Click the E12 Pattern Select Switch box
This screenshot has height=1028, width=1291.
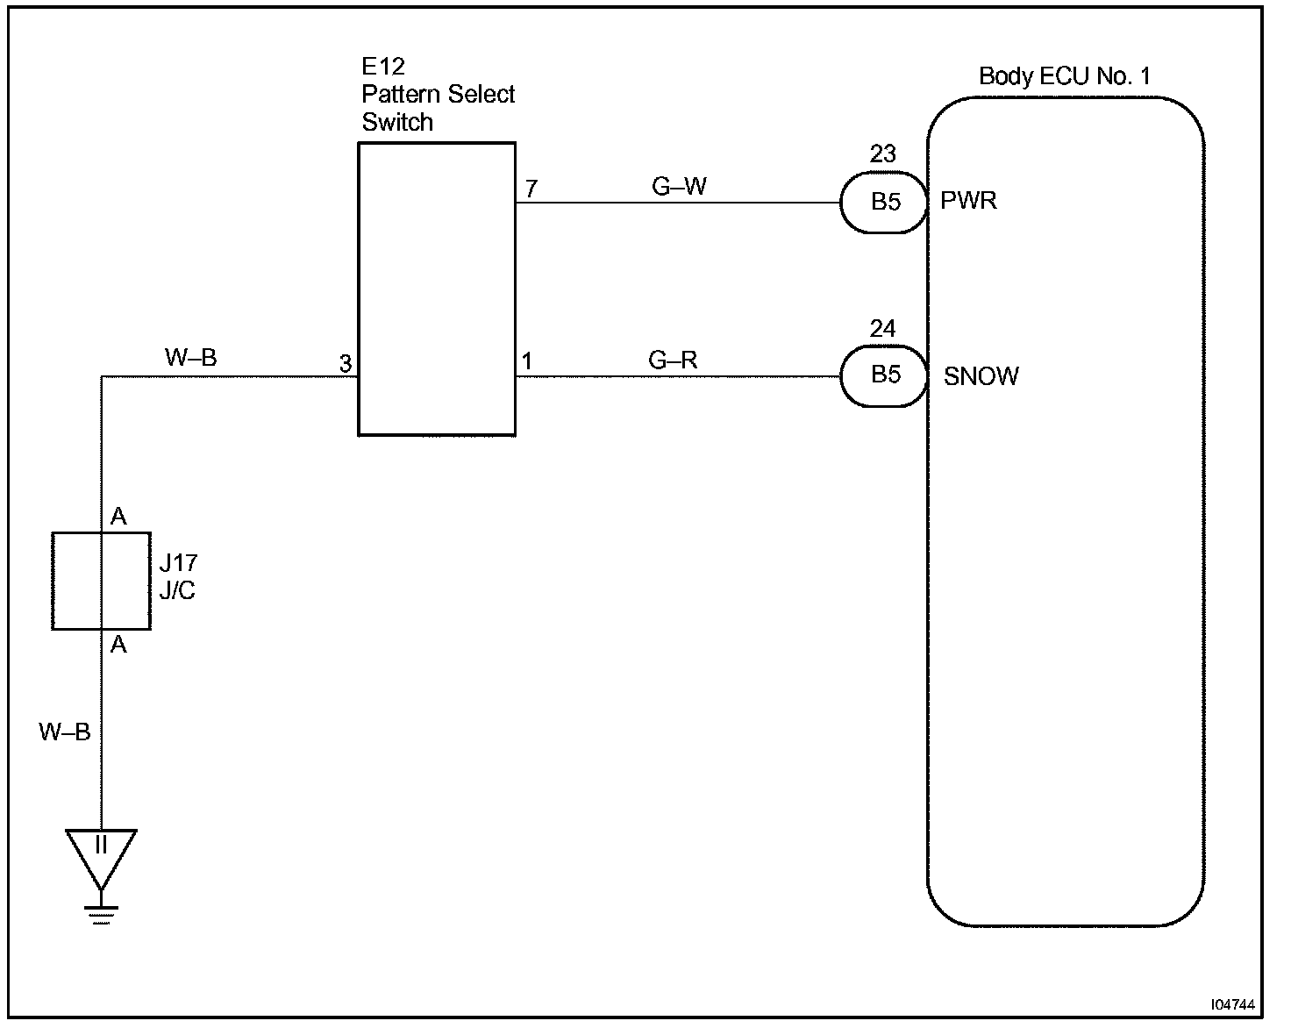(x=436, y=289)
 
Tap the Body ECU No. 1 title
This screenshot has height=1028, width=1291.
(x=1064, y=76)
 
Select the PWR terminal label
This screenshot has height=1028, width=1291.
(x=968, y=201)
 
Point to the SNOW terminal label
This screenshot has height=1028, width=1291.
(x=981, y=376)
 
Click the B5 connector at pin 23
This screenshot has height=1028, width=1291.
(x=884, y=203)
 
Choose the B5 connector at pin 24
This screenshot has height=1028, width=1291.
(x=884, y=375)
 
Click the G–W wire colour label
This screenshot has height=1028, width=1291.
(x=679, y=186)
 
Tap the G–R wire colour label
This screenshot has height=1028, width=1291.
(x=673, y=360)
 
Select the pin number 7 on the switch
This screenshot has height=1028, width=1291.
(x=531, y=189)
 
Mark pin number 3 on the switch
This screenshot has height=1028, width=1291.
(x=346, y=363)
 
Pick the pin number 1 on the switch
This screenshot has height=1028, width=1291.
(x=527, y=361)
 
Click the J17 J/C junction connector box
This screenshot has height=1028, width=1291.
(x=101, y=581)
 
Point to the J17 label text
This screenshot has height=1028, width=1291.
(x=178, y=562)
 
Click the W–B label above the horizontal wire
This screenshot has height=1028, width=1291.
(x=190, y=358)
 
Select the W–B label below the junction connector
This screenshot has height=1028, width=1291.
(x=64, y=732)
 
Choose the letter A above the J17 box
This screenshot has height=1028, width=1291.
(x=118, y=518)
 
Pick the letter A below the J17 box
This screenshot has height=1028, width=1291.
(x=118, y=646)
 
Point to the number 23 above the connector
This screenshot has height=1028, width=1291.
(x=882, y=154)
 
